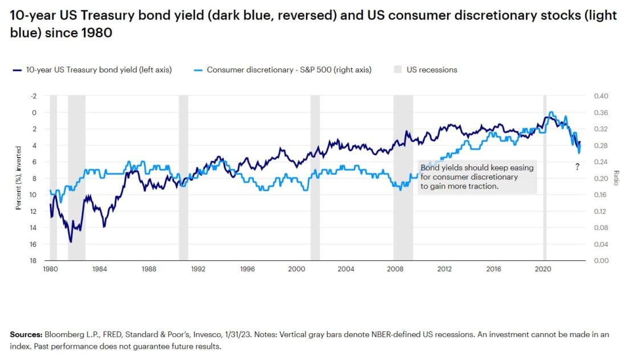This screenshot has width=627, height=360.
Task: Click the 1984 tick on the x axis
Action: click(x=100, y=269)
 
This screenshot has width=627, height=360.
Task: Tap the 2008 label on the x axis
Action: click(x=395, y=269)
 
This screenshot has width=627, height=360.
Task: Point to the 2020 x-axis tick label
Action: click(x=543, y=269)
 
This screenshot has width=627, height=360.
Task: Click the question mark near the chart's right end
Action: click(x=577, y=167)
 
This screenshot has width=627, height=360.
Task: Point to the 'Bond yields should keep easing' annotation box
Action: click(x=478, y=177)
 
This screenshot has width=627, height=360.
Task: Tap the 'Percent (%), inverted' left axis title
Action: click(x=18, y=178)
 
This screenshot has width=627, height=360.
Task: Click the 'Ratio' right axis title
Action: click(x=616, y=178)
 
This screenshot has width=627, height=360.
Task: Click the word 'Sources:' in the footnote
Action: click(x=26, y=335)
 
